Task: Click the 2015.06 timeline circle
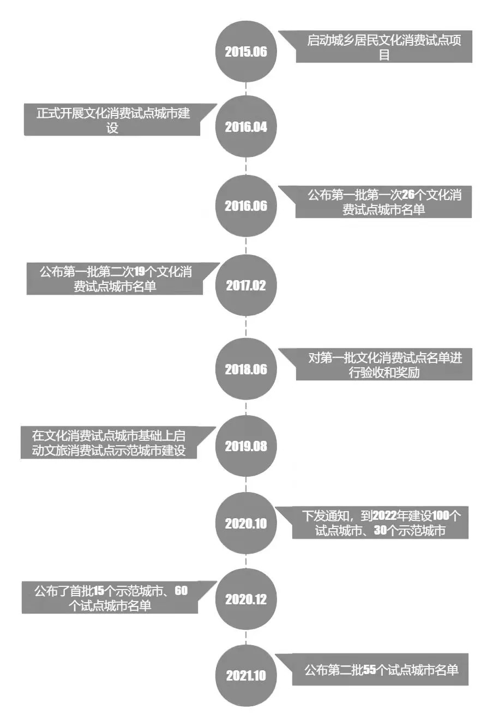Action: (246, 52)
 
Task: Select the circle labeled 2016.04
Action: (246, 127)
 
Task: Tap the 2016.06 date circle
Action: (246, 206)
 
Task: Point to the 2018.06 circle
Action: (246, 369)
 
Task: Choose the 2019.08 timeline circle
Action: (246, 446)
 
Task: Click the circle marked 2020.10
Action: (246, 524)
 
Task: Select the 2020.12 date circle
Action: (246, 599)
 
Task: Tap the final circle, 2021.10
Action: (246, 676)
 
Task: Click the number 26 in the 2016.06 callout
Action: (408, 195)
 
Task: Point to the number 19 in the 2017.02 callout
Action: (140, 271)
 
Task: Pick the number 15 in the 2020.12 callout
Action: (99, 591)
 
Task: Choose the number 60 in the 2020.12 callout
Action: (181, 591)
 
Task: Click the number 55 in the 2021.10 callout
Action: (370, 670)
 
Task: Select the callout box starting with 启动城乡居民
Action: (384, 47)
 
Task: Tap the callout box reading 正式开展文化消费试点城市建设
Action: (112, 120)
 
